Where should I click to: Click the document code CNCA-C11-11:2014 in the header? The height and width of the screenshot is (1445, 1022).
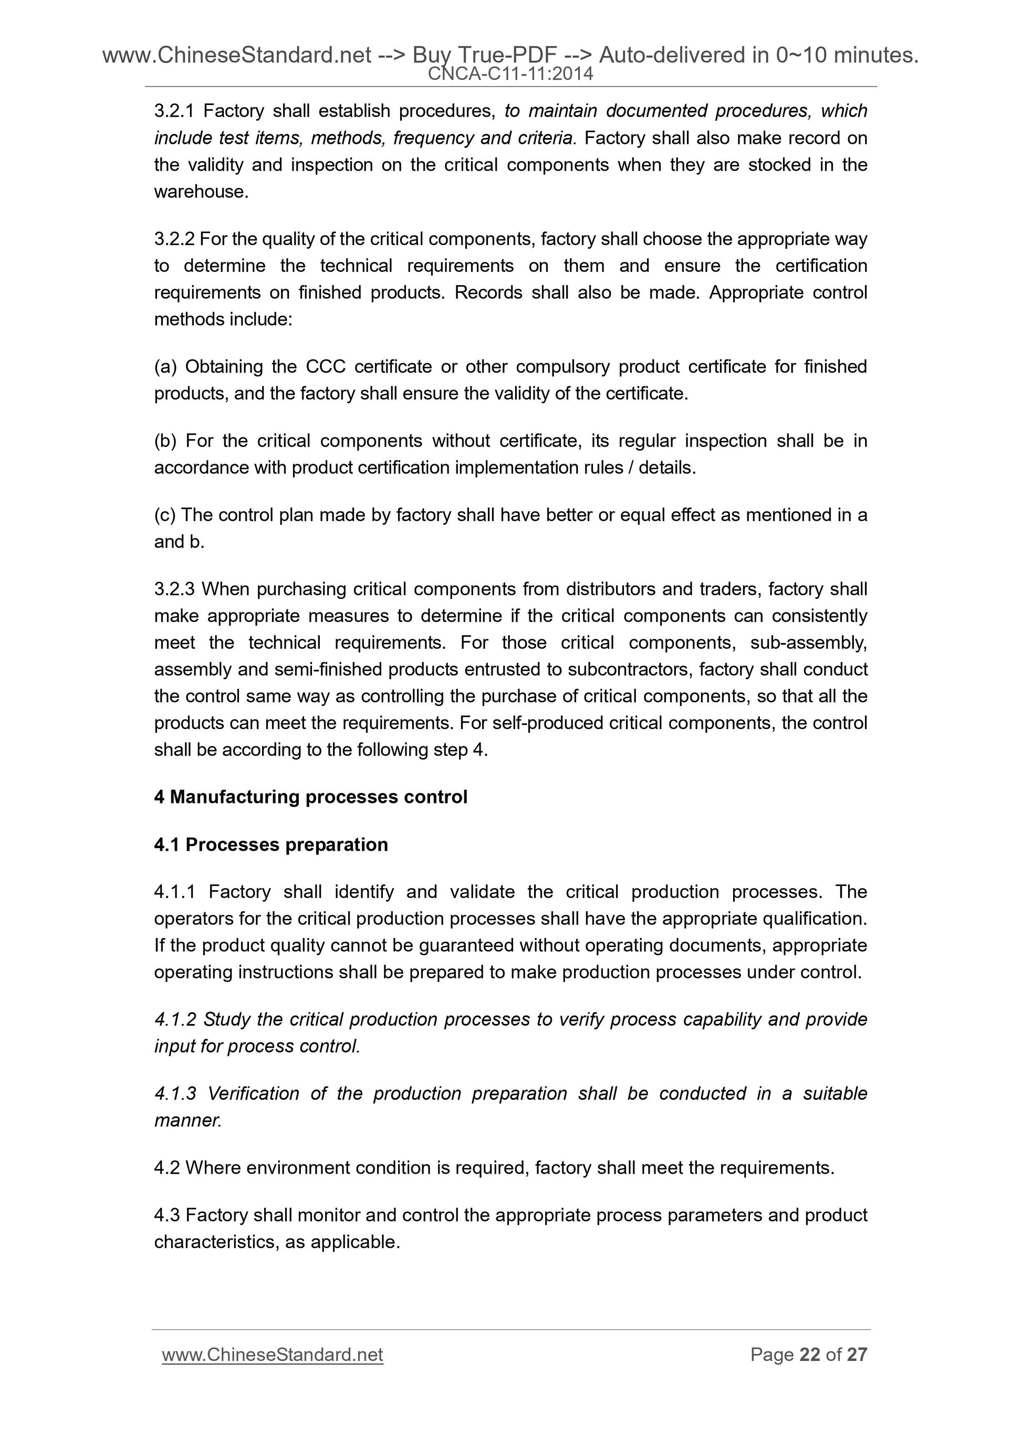tap(510, 74)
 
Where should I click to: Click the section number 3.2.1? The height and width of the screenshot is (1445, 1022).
tap(174, 111)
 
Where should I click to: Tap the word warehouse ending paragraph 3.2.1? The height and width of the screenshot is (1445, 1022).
tap(201, 192)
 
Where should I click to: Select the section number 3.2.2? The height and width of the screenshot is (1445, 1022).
tap(174, 239)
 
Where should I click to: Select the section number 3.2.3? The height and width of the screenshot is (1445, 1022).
tap(174, 589)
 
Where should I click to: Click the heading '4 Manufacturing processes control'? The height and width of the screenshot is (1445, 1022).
tap(310, 797)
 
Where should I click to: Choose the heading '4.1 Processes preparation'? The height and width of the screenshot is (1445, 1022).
tap(271, 844)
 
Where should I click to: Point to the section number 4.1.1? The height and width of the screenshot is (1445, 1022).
tap(174, 892)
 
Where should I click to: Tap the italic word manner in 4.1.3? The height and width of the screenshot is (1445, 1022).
tap(187, 1120)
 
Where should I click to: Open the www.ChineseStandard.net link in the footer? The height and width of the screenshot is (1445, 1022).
tap(272, 1354)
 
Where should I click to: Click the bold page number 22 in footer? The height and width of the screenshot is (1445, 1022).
tap(810, 1354)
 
